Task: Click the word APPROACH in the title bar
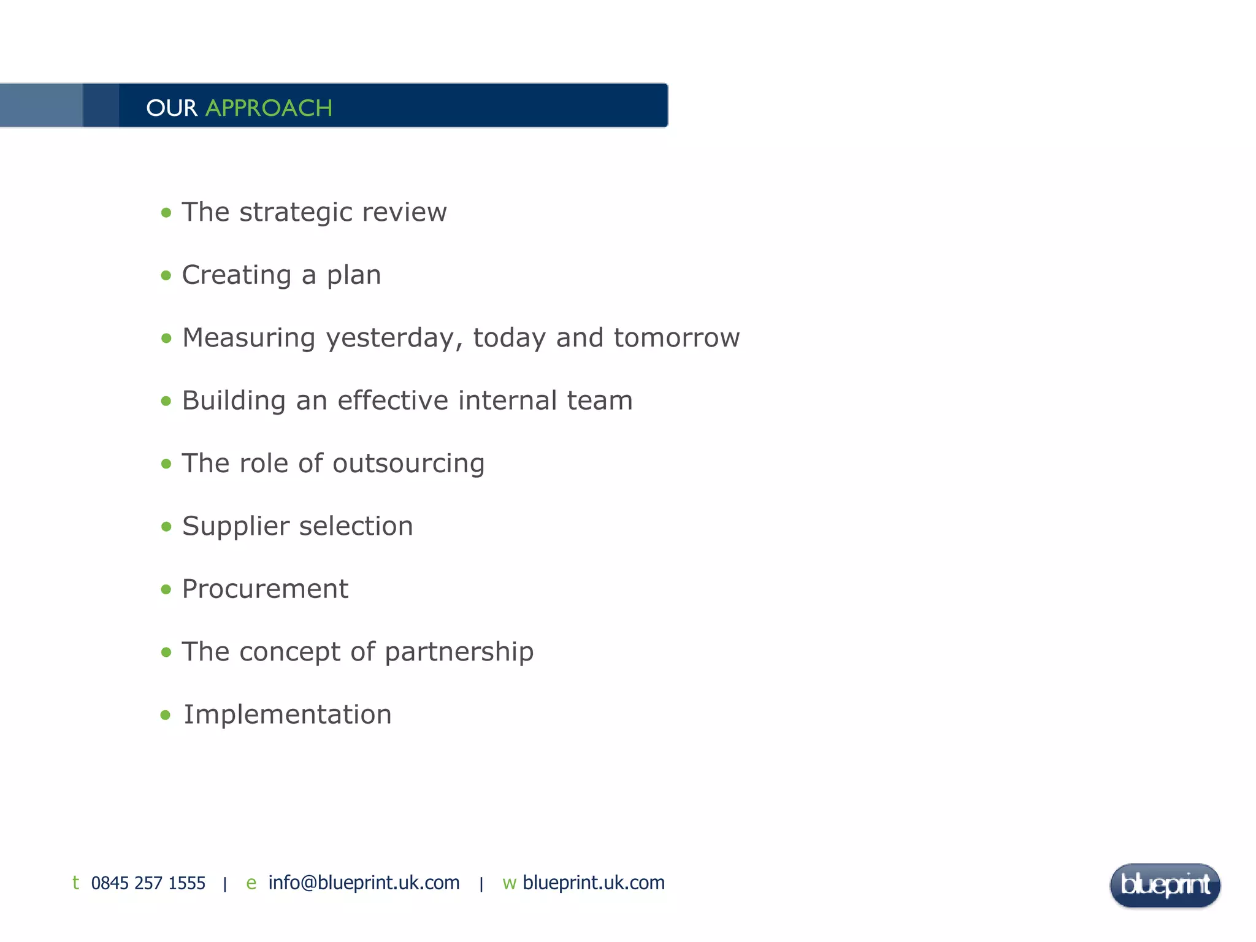(269, 108)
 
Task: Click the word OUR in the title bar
(172, 108)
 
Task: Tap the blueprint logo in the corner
(1165, 885)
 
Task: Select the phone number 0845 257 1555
(148, 883)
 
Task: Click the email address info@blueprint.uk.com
(364, 883)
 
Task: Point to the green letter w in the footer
(509, 883)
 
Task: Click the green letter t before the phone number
(75, 883)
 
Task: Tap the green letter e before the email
(251, 883)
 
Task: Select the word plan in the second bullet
(354, 275)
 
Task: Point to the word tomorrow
(676, 338)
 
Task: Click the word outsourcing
(408, 464)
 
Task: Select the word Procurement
(265, 589)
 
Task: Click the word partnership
(459, 652)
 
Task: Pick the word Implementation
(288, 714)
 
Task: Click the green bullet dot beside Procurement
(166, 589)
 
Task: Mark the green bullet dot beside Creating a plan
(166, 275)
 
